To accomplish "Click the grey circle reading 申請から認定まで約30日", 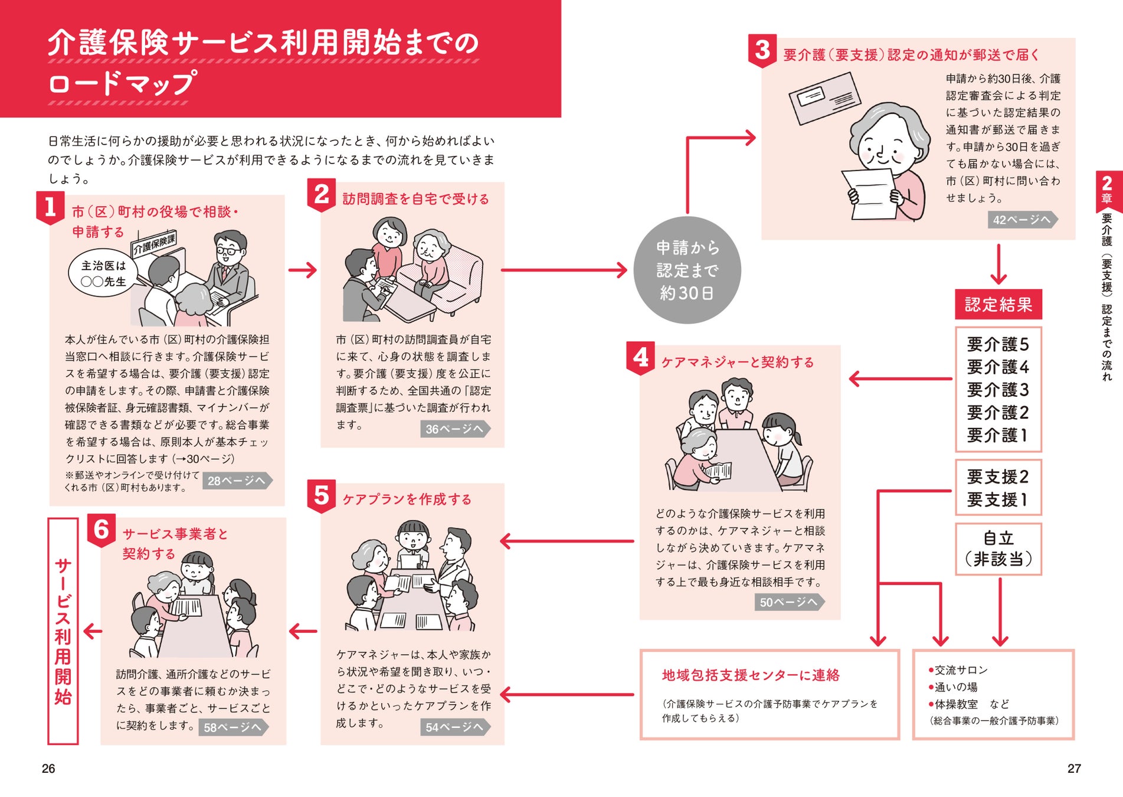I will pyautogui.click(x=687, y=270).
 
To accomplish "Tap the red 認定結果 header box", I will pyautogui.click(x=998, y=305).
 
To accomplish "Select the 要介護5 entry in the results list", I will pyautogui.click(x=998, y=344).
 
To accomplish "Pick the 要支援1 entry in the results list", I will pyautogui.click(x=998, y=499).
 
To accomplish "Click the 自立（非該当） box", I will pyautogui.click(x=998, y=548).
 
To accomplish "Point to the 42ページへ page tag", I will pyautogui.click(x=1021, y=220).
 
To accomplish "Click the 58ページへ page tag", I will pyautogui.click(x=233, y=727).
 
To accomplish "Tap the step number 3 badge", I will pyautogui.click(x=762, y=50).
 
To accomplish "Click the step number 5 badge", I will pyautogui.click(x=321, y=495).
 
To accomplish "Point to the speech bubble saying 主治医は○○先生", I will pyautogui.click(x=103, y=273).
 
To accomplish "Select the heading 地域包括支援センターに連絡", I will pyautogui.click(x=750, y=675).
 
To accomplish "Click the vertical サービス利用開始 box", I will pyautogui.click(x=63, y=631).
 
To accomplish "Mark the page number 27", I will pyautogui.click(x=1073, y=768).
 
